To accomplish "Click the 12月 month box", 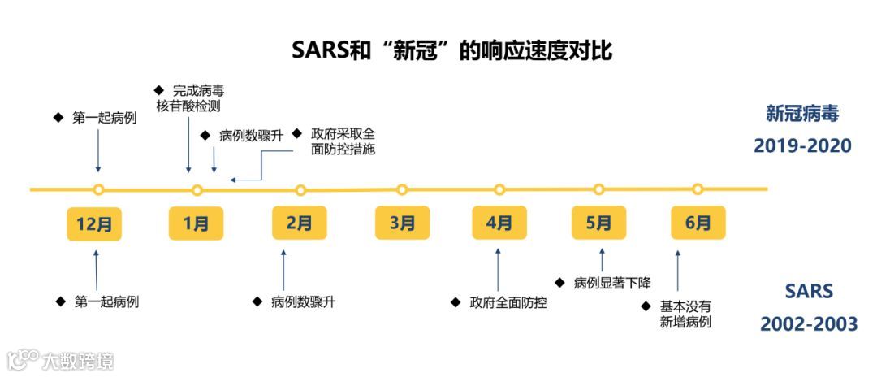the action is (94, 223).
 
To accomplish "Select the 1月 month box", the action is (196, 223).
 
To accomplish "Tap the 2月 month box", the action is (300, 223).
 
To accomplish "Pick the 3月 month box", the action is (402, 223).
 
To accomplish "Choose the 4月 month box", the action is (499, 223).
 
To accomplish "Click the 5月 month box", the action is (598, 223).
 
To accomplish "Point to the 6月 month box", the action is (698, 223).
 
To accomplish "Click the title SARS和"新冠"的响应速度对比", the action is (451, 50).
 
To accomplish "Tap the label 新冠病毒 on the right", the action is (801, 113).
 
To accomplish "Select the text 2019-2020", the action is (802, 145).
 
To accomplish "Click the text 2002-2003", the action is (809, 324).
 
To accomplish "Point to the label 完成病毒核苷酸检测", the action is (190, 97).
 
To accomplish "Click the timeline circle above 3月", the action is (402, 190).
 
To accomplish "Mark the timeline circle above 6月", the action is (698, 189).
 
